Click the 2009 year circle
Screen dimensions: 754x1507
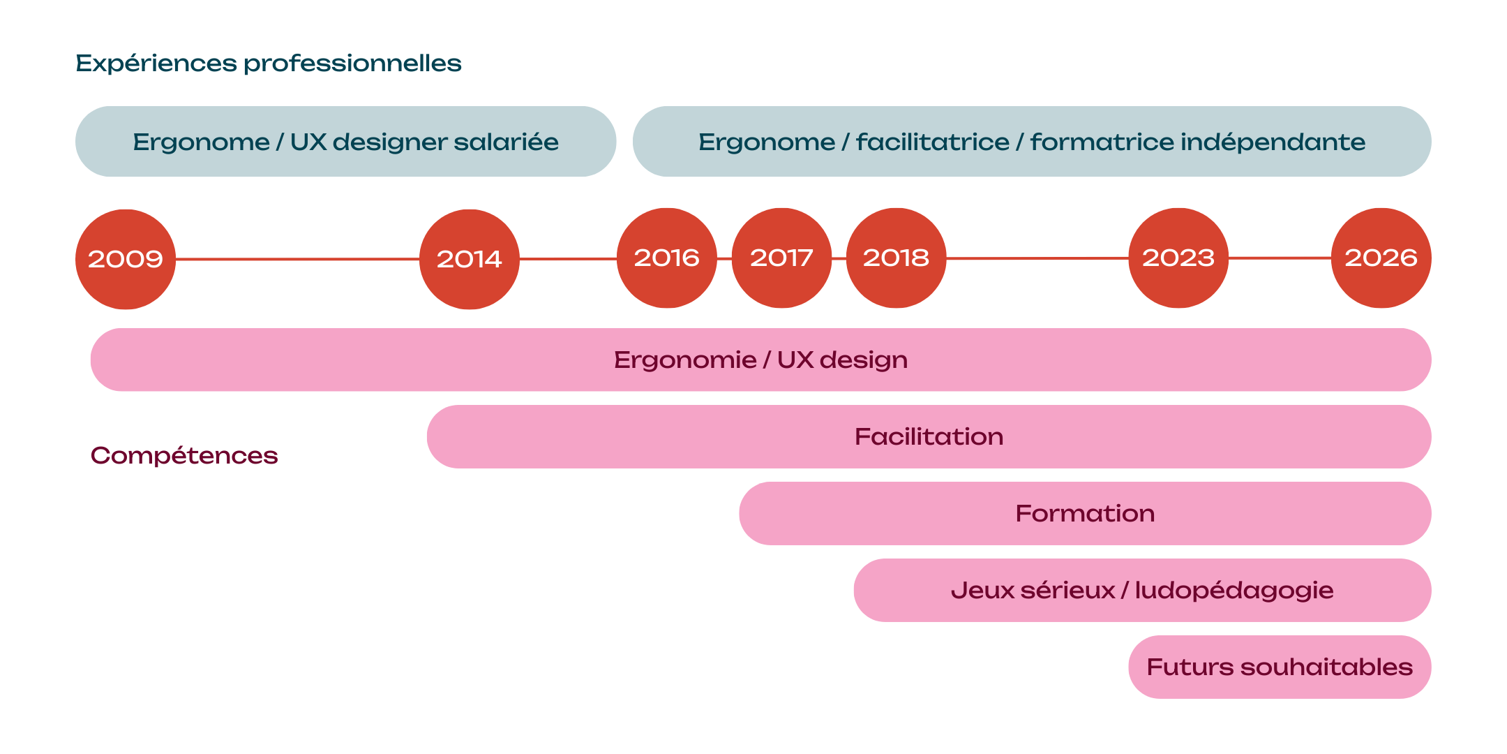point(126,259)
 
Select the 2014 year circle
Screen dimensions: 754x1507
point(470,259)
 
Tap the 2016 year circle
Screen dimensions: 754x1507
point(667,258)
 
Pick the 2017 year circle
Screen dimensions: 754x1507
point(781,258)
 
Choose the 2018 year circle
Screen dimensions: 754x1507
point(896,258)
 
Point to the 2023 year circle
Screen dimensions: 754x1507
point(1178,258)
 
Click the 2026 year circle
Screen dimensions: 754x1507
point(1381,258)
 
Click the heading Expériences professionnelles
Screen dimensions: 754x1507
point(269,64)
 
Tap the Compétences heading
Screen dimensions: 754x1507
point(184,456)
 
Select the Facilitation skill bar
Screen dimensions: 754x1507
point(929,437)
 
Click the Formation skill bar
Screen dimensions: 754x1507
point(1085,514)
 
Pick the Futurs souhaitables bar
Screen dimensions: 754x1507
point(1280,667)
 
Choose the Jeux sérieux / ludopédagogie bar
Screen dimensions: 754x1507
point(1142,591)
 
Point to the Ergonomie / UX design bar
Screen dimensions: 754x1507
point(760,360)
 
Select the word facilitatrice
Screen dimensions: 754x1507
point(933,142)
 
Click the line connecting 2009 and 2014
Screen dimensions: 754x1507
point(297,259)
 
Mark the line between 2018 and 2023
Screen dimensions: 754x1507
point(1037,258)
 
